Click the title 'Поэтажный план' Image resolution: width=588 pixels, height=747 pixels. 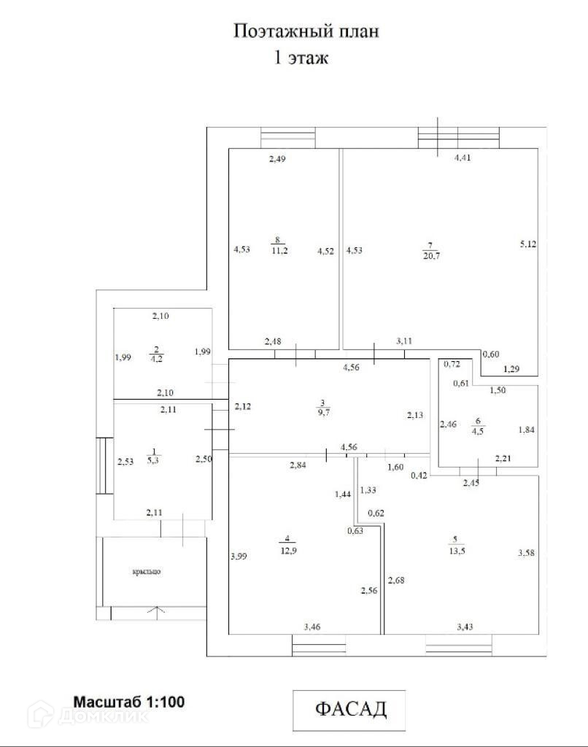click(x=306, y=31)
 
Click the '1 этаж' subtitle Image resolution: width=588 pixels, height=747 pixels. click(x=301, y=58)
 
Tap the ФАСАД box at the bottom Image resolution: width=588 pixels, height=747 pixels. click(x=349, y=709)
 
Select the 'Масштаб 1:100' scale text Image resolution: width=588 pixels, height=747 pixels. click(x=128, y=702)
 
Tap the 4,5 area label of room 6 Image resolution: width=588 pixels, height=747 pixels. click(x=479, y=430)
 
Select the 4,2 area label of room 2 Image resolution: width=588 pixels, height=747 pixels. click(x=156, y=359)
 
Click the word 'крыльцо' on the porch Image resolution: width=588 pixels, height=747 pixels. click(x=147, y=571)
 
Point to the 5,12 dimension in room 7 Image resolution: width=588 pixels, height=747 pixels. click(x=527, y=244)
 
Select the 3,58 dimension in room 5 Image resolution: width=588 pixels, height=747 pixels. click(x=527, y=554)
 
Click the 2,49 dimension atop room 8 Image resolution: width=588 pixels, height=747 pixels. click(x=276, y=159)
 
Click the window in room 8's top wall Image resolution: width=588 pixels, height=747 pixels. click(x=288, y=137)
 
